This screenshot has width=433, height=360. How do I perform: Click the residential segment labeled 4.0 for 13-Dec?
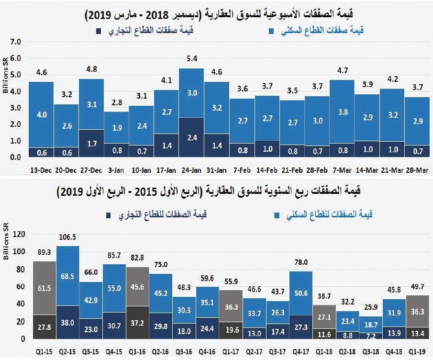pyautogui.click(x=42, y=115)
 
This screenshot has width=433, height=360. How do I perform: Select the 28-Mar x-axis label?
pyautogui.click(x=416, y=170)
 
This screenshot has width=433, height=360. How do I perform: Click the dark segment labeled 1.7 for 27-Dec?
pyautogui.click(x=91, y=143)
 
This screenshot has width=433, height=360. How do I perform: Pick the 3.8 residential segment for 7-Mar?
pyautogui.click(x=342, y=112)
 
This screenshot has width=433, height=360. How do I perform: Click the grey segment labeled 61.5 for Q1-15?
pyautogui.click(x=44, y=288)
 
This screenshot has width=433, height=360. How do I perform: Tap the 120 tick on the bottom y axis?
pyautogui.click(x=18, y=234)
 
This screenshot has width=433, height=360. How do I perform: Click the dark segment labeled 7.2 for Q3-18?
pyautogui.click(x=371, y=336)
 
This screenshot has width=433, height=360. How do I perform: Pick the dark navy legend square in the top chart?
pyautogui.click(x=99, y=32)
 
